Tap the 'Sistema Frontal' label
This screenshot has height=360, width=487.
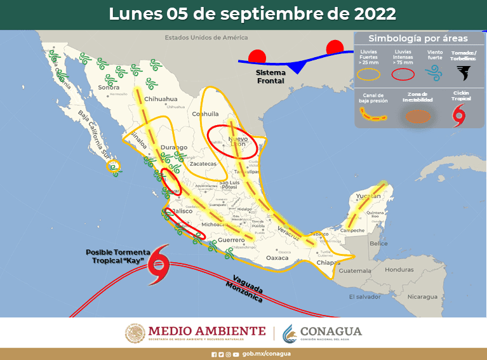pos(270,77)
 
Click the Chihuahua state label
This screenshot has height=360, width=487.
pos(161,100)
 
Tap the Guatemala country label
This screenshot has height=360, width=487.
pos(354,270)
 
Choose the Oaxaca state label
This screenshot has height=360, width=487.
pos(277,258)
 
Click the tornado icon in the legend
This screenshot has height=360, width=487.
pos(465,73)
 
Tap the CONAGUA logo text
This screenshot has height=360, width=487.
pos(331,332)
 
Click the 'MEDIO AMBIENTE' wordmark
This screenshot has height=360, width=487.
pos(206,331)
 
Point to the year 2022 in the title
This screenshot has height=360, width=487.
pos(370,13)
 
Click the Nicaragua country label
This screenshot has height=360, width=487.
pos(422,297)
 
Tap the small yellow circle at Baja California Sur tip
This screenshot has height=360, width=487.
pos(114,167)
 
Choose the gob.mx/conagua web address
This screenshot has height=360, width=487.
pos(266,354)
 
